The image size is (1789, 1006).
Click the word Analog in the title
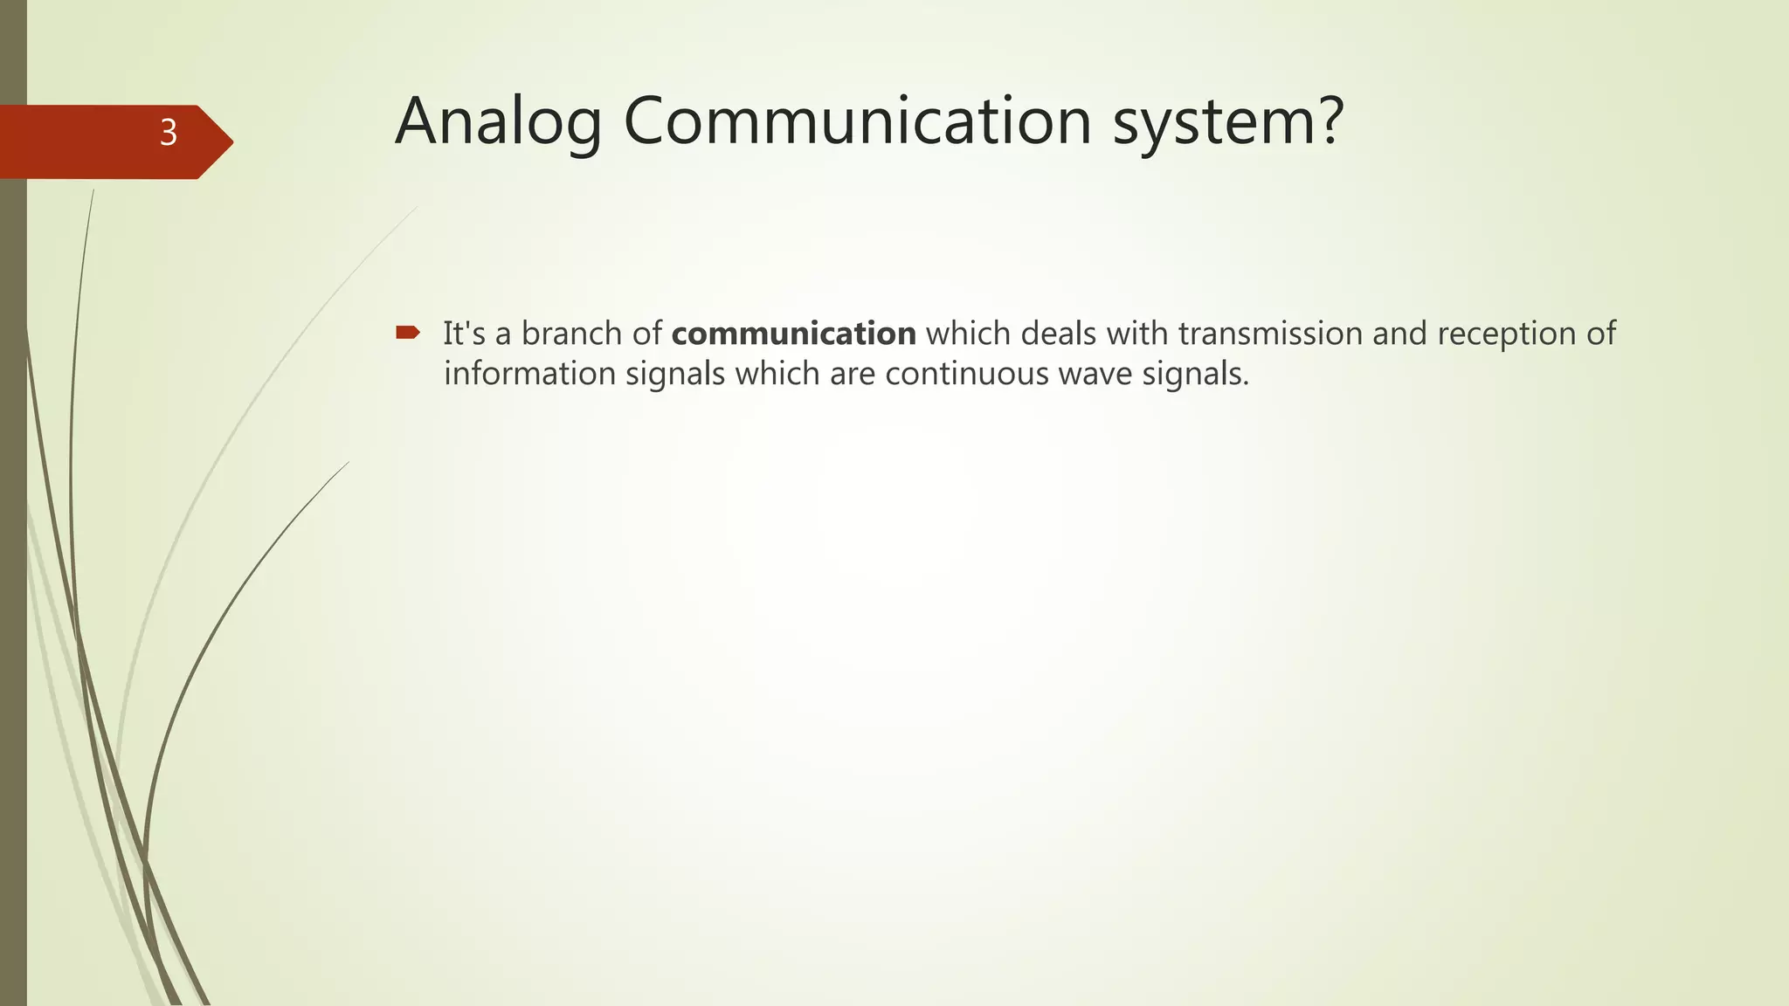pos(498,122)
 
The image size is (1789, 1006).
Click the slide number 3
pos(169,134)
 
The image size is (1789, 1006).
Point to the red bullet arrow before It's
pos(408,332)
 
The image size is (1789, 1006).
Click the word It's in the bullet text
pos(464,334)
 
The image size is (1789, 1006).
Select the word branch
pos(571,334)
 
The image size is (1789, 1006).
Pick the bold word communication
pos(793,334)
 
